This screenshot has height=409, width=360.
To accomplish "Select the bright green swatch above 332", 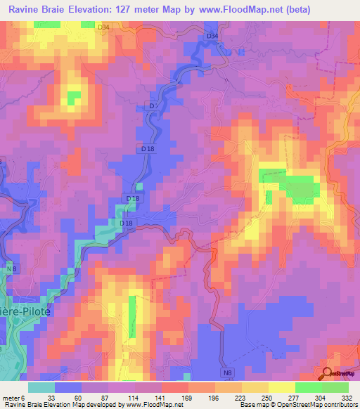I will [x=335, y=387].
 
